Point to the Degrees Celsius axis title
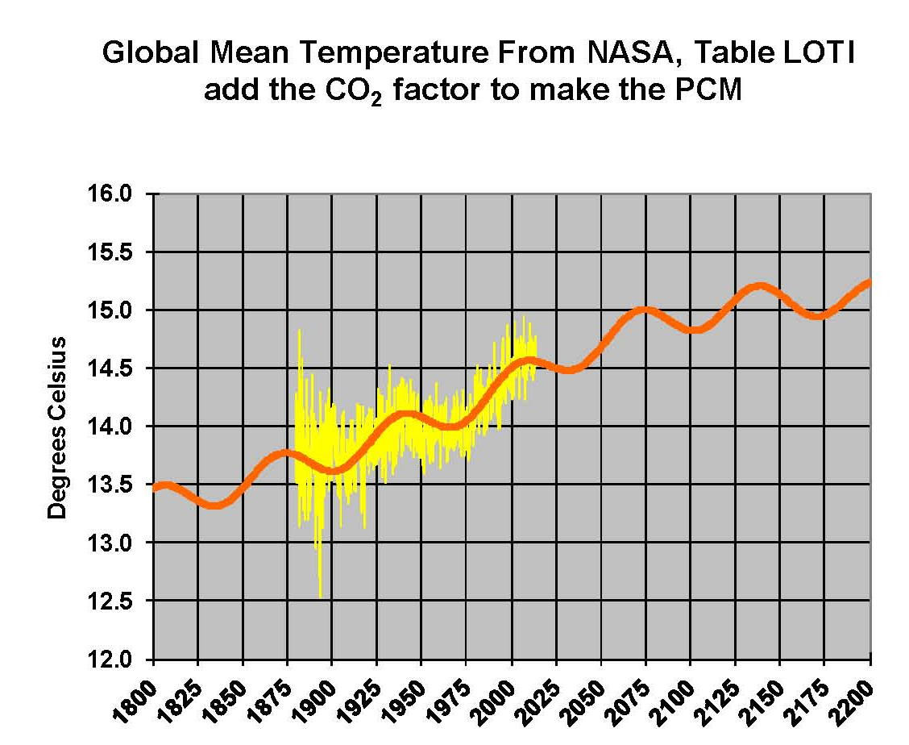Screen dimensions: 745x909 (57, 428)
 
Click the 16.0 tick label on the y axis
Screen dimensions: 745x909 (118, 194)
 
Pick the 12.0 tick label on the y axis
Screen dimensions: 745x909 (118, 660)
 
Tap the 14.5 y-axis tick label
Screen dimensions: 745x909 (118, 368)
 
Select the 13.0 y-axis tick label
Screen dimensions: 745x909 (118, 543)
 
